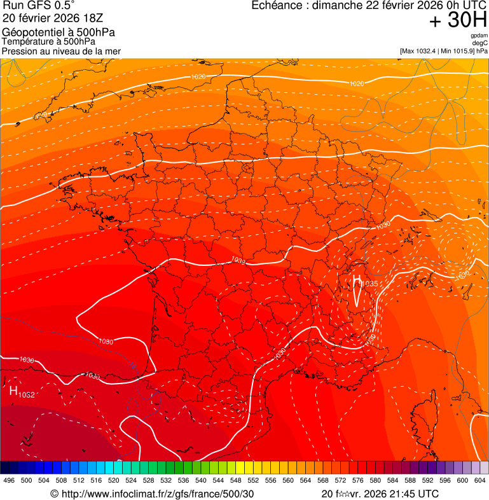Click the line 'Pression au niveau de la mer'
click(x=61, y=51)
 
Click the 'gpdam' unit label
click(x=479, y=36)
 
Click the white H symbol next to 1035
click(x=357, y=282)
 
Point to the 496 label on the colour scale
click(x=9, y=480)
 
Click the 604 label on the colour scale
click(x=479, y=480)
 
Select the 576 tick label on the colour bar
click(x=357, y=480)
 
